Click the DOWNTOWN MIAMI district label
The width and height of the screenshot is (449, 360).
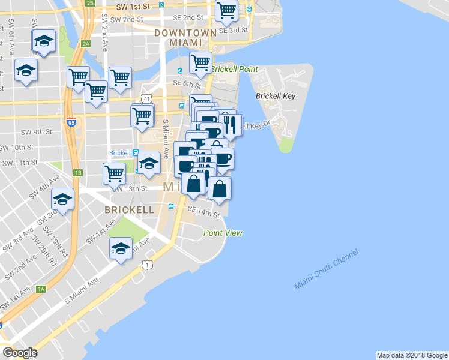184,37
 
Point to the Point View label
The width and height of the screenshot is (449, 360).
223,233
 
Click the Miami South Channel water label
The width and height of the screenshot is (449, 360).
326,269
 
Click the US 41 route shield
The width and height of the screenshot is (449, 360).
146,98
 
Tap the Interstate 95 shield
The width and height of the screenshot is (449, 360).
71,121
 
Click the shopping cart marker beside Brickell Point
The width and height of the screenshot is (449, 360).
200,62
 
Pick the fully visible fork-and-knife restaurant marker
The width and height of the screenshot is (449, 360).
231,125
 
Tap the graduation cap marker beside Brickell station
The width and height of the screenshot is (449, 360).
149,163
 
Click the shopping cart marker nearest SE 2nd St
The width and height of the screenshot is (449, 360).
226,10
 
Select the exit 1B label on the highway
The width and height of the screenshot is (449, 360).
77,173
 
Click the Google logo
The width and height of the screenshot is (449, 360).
20,353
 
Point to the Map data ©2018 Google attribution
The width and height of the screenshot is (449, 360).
412,355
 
